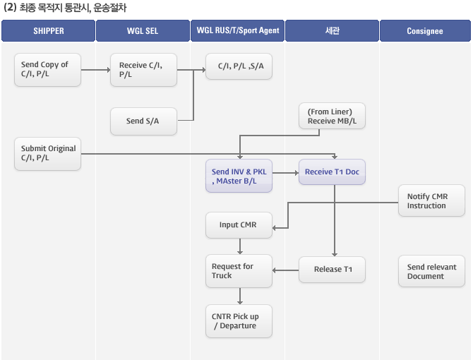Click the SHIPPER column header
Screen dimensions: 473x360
(48, 31)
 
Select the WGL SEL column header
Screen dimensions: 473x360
(143, 31)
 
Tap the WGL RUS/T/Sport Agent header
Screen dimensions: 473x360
(237, 31)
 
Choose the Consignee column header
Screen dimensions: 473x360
(425, 31)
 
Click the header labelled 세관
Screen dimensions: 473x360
(332, 31)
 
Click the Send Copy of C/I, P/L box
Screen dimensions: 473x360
(48, 70)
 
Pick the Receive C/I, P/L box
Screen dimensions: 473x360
(143, 70)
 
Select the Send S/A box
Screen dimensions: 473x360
(143, 121)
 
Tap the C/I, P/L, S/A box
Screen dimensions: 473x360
(239, 66)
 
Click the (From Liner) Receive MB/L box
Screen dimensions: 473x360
(332, 116)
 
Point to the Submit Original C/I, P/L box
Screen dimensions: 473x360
(48, 154)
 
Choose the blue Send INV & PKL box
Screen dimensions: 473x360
(239, 176)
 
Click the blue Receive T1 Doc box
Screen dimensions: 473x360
(332, 172)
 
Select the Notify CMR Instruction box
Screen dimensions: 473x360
(431, 200)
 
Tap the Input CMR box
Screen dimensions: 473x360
(239, 225)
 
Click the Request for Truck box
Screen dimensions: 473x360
(239, 271)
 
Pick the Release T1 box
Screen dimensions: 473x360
(332, 270)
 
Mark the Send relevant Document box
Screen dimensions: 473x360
(431, 271)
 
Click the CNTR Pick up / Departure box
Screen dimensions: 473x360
(239, 321)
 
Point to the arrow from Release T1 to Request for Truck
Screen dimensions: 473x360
(286, 270)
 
